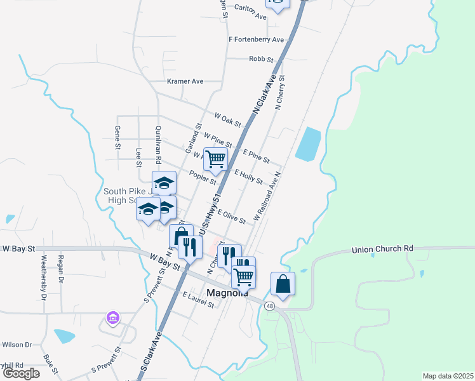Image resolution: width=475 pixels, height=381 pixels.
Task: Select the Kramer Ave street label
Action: coord(185,81)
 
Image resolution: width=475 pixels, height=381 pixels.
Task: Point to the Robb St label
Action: coord(261,59)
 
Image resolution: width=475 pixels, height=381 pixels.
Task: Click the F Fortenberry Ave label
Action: coord(256,39)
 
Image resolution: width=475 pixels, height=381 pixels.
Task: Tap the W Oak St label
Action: coord(227,119)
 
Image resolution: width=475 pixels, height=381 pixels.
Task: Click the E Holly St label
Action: coord(248,177)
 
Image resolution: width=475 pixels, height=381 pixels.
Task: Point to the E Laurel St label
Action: coord(199,298)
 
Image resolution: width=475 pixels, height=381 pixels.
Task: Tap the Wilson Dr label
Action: coord(17,345)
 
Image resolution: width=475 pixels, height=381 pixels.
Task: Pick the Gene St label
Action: coord(117,137)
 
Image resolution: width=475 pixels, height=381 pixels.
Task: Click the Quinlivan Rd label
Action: coord(158,144)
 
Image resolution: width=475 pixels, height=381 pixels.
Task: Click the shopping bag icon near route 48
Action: coord(283,283)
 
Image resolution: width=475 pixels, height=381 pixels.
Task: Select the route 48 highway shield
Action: coord(271,307)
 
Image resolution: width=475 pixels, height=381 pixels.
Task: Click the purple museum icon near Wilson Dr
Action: coord(113,317)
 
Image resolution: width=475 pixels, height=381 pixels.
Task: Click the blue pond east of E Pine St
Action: coord(308,144)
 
